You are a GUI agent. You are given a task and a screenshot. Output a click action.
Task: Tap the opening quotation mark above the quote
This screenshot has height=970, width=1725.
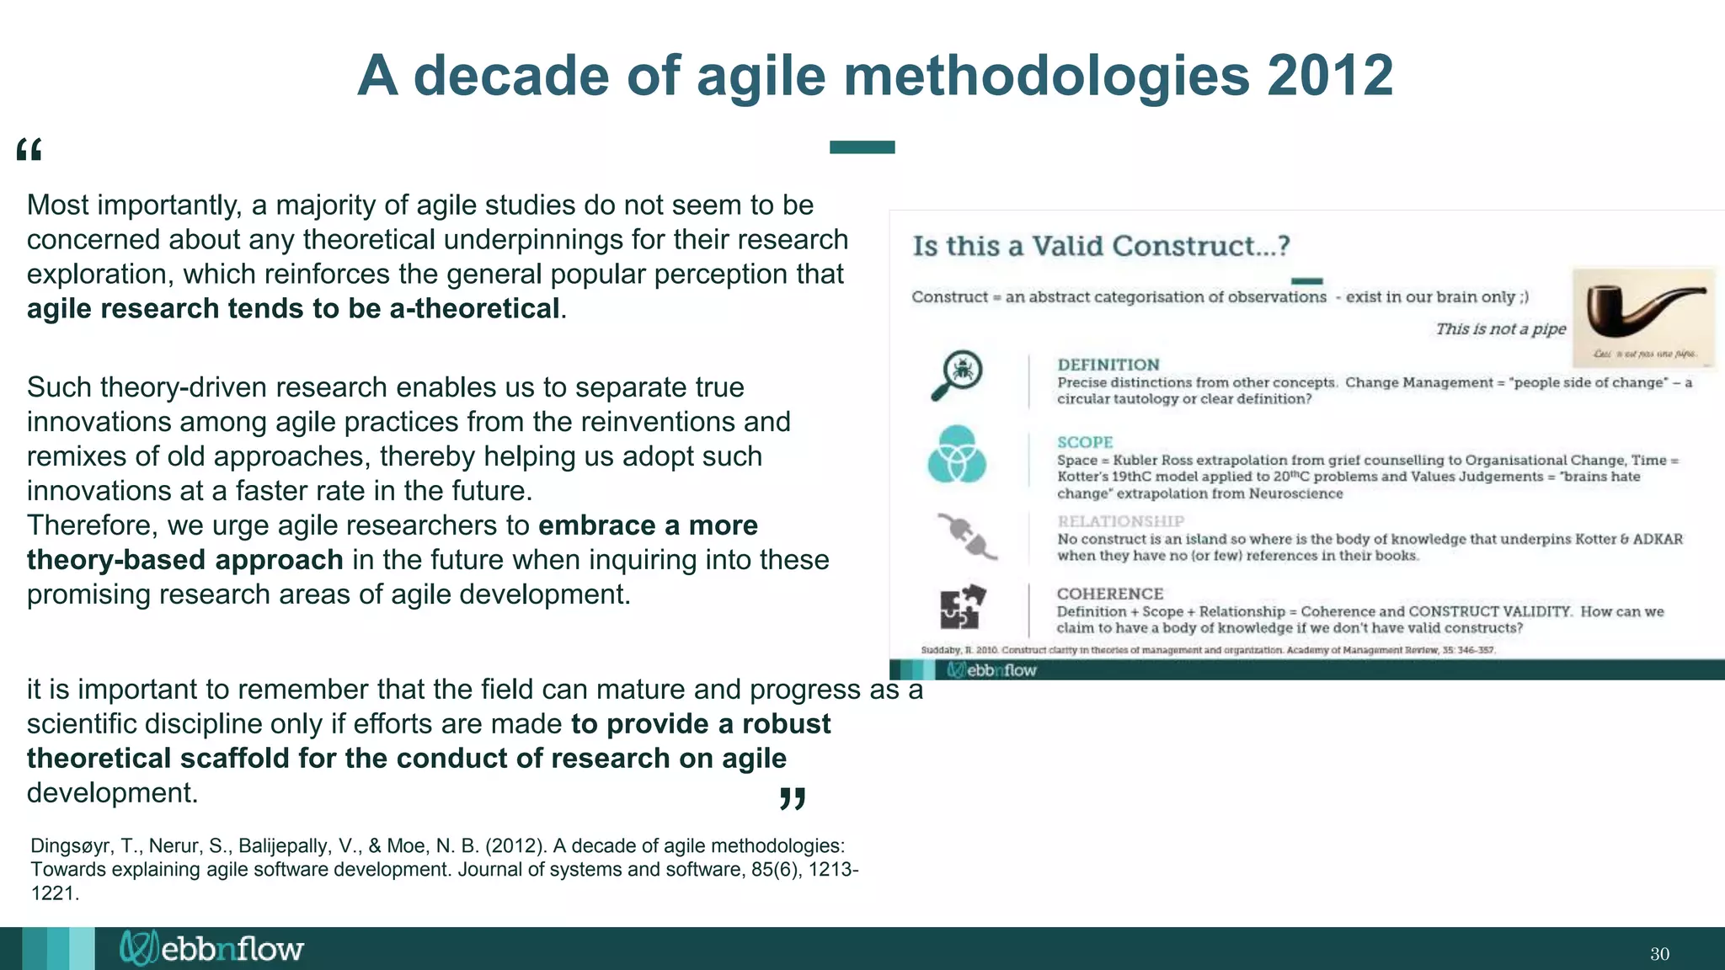pyautogui.click(x=29, y=151)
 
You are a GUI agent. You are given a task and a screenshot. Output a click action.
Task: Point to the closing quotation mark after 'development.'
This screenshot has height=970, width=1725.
pyautogui.click(x=793, y=798)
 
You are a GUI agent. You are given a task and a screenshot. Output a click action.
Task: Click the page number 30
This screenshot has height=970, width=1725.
pyautogui.click(x=1659, y=954)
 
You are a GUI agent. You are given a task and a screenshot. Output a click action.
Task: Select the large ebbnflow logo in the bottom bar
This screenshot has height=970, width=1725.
pyautogui.click(x=211, y=949)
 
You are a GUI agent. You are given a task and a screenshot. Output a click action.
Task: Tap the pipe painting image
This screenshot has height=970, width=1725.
pyautogui.click(x=1643, y=317)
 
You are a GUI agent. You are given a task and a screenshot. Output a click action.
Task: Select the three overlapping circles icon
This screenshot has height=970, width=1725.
pyautogui.click(x=957, y=454)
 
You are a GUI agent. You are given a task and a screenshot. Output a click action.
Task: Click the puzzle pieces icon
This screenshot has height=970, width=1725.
pyautogui.click(x=962, y=606)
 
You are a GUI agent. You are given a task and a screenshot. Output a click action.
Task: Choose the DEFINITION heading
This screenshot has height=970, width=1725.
pyautogui.click(x=1108, y=365)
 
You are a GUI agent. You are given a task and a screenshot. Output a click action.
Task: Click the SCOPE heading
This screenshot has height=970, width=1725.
pyautogui.click(x=1085, y=442)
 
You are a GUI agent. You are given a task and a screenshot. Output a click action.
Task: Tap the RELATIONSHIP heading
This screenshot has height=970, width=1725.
pyautogui.click(x=1120, y=521)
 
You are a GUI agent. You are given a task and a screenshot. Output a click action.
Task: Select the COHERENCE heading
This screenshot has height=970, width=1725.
pyautogui.click(x=1110, y=594)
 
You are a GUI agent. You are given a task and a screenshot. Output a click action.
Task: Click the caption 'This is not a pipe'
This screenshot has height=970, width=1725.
pyautogui.click(x=1500, y=328)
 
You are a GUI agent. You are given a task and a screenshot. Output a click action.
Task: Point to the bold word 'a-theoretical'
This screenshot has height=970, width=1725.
pyautogui.click(x=474, y=309)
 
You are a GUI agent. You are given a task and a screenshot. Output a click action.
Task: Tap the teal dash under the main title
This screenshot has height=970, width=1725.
pyautogui.click(x=862, y=147)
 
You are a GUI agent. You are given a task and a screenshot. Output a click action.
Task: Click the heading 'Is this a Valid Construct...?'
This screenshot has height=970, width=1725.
pyautogui.click(x=1101, y=246)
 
